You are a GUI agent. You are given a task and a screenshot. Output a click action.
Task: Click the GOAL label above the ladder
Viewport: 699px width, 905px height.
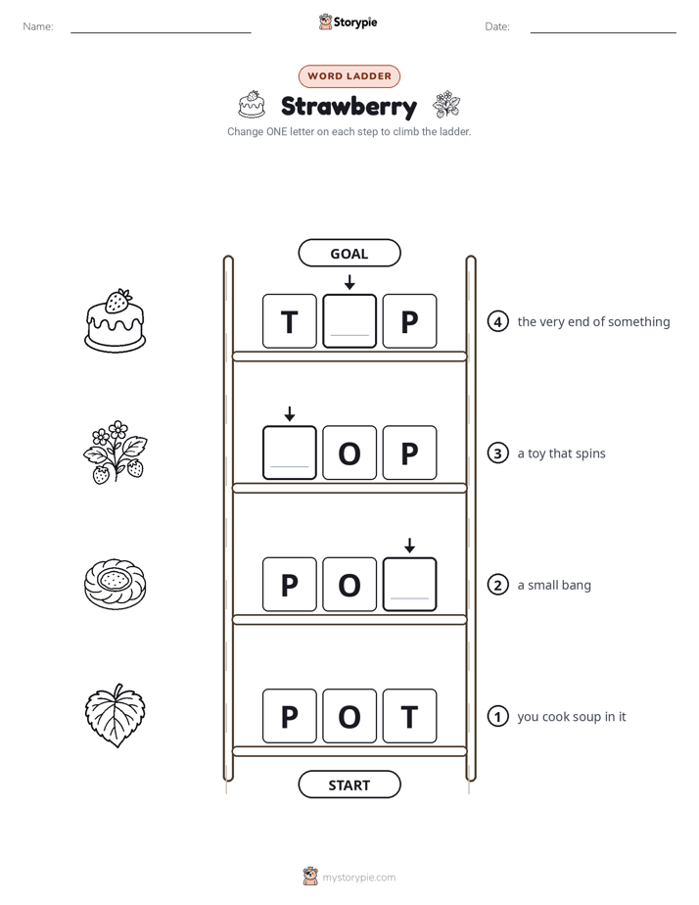click(349, 254)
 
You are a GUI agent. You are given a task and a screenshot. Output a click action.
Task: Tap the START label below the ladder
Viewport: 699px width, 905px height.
click(349, 785)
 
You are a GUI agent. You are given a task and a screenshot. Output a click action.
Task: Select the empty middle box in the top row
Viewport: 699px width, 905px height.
click(349, 321)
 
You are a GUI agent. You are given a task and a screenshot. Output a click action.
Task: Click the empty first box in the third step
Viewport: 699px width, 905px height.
click(290, 453)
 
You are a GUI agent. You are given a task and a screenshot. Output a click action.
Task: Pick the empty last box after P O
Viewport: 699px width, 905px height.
click(409, 585)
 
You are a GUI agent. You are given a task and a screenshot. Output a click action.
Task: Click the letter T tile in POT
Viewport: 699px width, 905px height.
click(409, 716)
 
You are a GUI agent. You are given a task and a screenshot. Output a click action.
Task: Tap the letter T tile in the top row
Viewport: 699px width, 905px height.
click(290, 321)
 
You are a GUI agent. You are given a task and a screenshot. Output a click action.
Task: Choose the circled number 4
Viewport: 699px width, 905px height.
click(497, 321)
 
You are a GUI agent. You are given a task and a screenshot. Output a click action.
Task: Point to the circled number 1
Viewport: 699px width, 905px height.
click(497, 716)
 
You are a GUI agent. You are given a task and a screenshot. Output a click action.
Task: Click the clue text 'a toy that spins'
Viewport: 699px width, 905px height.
click(561, 453)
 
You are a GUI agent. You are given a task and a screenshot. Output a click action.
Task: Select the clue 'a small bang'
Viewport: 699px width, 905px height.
click(554, 586)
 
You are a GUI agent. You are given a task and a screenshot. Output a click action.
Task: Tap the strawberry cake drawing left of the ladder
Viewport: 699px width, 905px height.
click(116, 321)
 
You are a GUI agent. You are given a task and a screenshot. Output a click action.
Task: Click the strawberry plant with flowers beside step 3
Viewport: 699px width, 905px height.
click(116, 452)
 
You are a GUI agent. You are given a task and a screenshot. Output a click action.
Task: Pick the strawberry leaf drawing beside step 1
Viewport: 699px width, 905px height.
click(116, 716)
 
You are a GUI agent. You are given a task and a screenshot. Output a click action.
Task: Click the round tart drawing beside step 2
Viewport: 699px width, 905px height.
click(116, 584)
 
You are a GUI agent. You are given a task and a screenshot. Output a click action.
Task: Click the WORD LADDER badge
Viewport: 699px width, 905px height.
click(349, 76)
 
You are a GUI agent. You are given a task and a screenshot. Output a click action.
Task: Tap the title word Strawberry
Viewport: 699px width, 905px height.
click(349, 107)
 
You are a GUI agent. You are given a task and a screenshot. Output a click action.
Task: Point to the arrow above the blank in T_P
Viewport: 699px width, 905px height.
click(349, 282)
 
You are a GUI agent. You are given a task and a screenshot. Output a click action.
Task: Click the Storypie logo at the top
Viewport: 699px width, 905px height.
click(349, 22)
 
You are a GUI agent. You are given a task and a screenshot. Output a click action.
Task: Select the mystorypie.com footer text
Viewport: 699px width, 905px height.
click(358, 878)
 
